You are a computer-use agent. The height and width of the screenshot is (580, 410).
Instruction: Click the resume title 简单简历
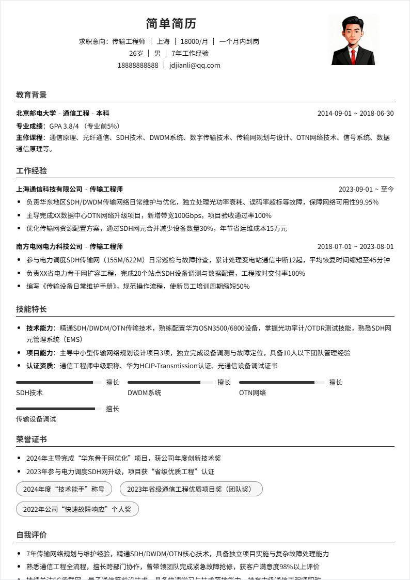coord(171,24)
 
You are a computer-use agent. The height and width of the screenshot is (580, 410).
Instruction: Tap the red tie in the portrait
coord(353,56)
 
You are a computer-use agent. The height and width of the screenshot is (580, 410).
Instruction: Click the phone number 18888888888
coord(138,65)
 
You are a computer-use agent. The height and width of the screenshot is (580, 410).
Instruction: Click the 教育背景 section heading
coord(31,95)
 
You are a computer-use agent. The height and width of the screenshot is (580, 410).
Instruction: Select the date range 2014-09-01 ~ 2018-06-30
coord(355,113)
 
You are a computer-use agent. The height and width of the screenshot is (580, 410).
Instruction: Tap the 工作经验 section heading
coord(31,170)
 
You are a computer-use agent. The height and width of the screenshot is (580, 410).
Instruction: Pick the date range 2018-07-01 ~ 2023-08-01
coord(355,246)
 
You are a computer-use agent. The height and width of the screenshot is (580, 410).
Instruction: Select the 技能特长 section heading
coord(31,309)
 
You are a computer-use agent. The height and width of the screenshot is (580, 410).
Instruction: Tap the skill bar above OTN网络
coord(281,383)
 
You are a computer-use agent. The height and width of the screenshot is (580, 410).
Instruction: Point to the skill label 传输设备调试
coord(36,419)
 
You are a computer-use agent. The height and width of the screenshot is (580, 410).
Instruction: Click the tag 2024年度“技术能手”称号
coord(64,489)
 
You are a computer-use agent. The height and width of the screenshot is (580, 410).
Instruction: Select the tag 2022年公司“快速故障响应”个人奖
coord(77,509)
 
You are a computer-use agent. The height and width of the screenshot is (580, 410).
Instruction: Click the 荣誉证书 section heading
coord(31,439)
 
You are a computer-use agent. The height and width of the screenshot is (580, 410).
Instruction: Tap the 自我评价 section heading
coord(31,535)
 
